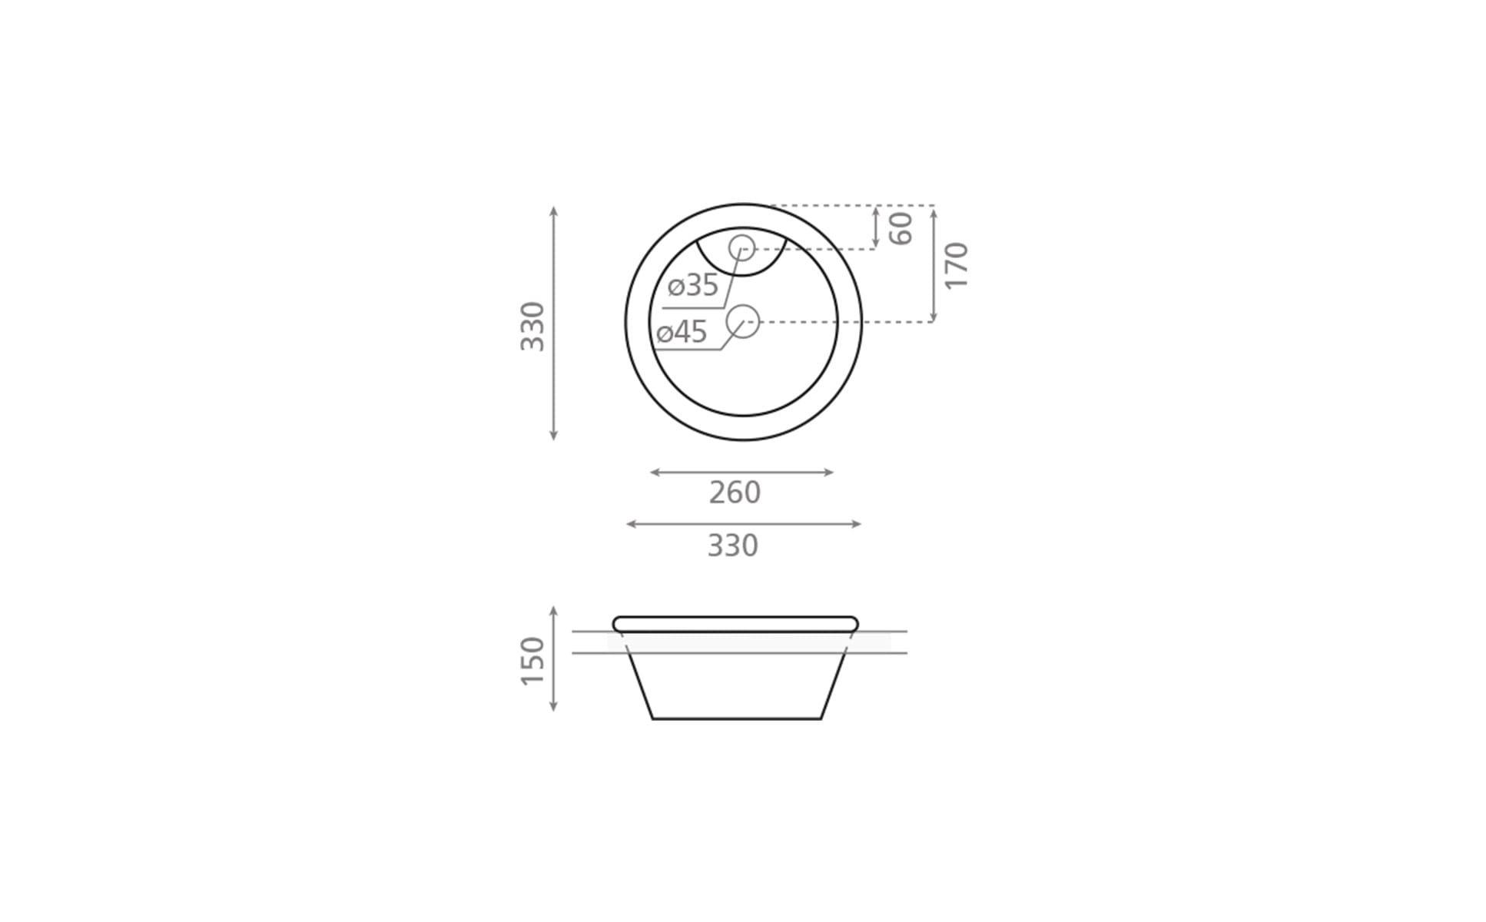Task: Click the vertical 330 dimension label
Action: click(x=532, y=327)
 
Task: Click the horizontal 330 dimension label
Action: click(x=732, y=546)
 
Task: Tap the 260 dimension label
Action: click(x=735, y=493)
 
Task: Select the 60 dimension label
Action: click(x=901, y=228)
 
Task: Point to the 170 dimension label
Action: click(x=957, y=266)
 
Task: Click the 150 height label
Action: click(x=532, y=661)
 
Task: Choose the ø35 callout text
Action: click(x=693, y=285)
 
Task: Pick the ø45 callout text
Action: click(x=682, y=332)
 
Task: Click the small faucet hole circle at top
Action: click(x=742, y=247)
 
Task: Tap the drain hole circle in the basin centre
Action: click(x=743, y=321)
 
